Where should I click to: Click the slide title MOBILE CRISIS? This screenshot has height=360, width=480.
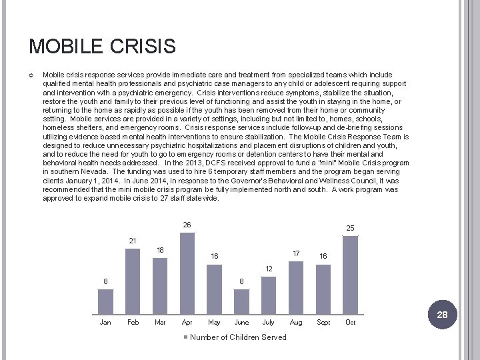pos(102,46)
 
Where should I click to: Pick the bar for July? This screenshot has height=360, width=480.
pos(268,295)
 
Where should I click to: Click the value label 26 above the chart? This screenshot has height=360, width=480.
pos(187,225)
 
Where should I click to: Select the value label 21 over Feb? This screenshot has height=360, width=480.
pos(133,241)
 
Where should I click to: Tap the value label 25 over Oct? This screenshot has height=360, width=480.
pos(350,229)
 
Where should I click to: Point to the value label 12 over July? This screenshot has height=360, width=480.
pos(268,268)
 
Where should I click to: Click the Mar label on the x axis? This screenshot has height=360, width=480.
pos(160,323)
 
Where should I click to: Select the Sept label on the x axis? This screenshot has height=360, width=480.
pos(323,323)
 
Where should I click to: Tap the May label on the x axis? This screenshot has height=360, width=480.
pos(214,323)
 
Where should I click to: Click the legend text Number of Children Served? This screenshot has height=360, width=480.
pos(238,337)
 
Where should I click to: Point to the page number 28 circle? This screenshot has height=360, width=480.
pos(442,314)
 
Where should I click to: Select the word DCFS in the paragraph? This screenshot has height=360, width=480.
pos(212,163)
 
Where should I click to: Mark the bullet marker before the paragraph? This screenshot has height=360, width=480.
pos(32,75)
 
